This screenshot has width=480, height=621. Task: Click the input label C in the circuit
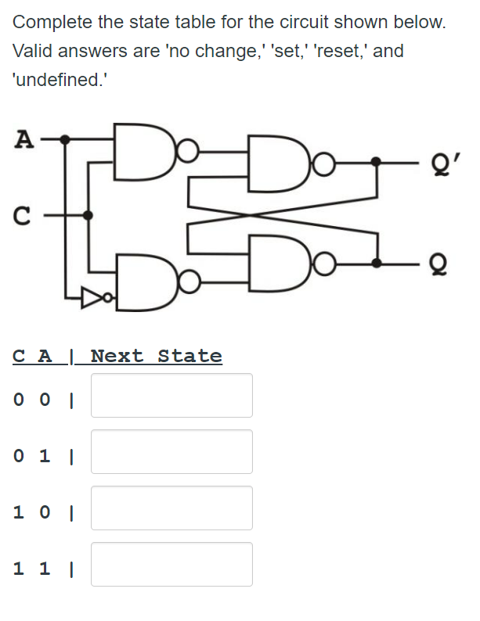[24, 214]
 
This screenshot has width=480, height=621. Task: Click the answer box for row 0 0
[171, 395]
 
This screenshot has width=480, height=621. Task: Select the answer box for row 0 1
[171, 451]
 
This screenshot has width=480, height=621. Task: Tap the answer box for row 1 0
[171, 508]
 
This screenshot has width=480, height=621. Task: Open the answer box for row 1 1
[171, 564]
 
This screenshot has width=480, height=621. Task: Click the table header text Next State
[156, 357]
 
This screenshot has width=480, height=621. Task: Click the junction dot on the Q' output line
[377, 163]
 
